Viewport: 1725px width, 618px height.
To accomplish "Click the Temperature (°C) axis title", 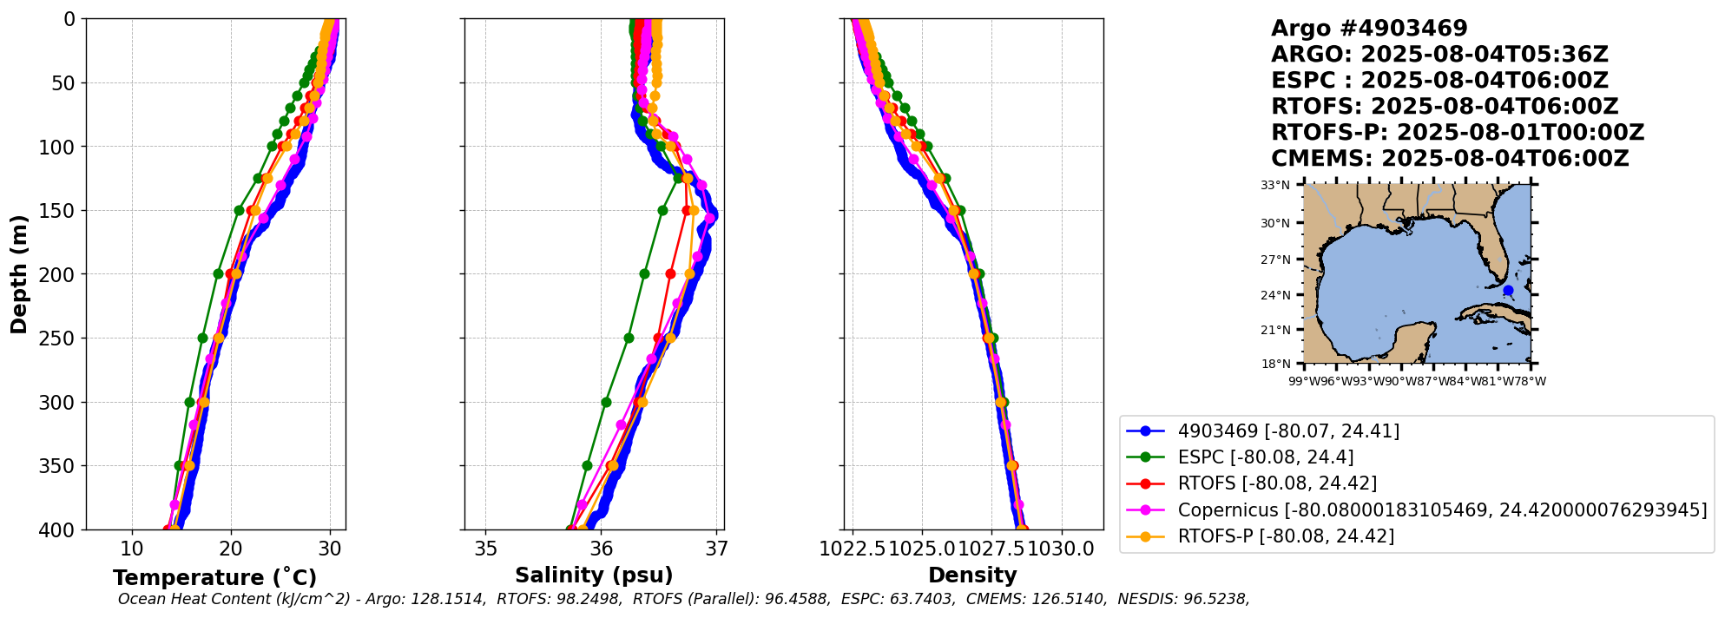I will (214, 578).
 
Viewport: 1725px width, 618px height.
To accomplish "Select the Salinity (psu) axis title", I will (594, 575).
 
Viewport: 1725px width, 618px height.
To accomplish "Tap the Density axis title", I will (972, 575).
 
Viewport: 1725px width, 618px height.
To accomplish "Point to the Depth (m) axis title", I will (19, 274).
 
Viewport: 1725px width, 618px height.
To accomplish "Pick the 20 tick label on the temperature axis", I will (231, 549).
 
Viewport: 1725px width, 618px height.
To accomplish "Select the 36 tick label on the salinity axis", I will (602, 549).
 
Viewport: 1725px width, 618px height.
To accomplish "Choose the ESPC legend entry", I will (1265, 457).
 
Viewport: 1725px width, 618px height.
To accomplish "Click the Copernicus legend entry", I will (1441, 510).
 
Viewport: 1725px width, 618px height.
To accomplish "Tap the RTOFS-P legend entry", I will (1285, 536).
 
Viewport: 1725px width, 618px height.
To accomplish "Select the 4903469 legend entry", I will (1287, 431).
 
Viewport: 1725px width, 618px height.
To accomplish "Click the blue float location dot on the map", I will (1508, 291).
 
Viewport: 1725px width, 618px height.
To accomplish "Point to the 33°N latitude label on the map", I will (1275, 185).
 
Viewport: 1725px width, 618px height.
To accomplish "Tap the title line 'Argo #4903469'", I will (1369, 29).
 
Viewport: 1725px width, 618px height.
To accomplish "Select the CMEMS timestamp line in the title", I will (1450, 159).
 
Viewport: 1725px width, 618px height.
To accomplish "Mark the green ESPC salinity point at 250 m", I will (629, 338).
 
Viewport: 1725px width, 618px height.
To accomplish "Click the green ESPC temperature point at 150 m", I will (239, 210).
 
